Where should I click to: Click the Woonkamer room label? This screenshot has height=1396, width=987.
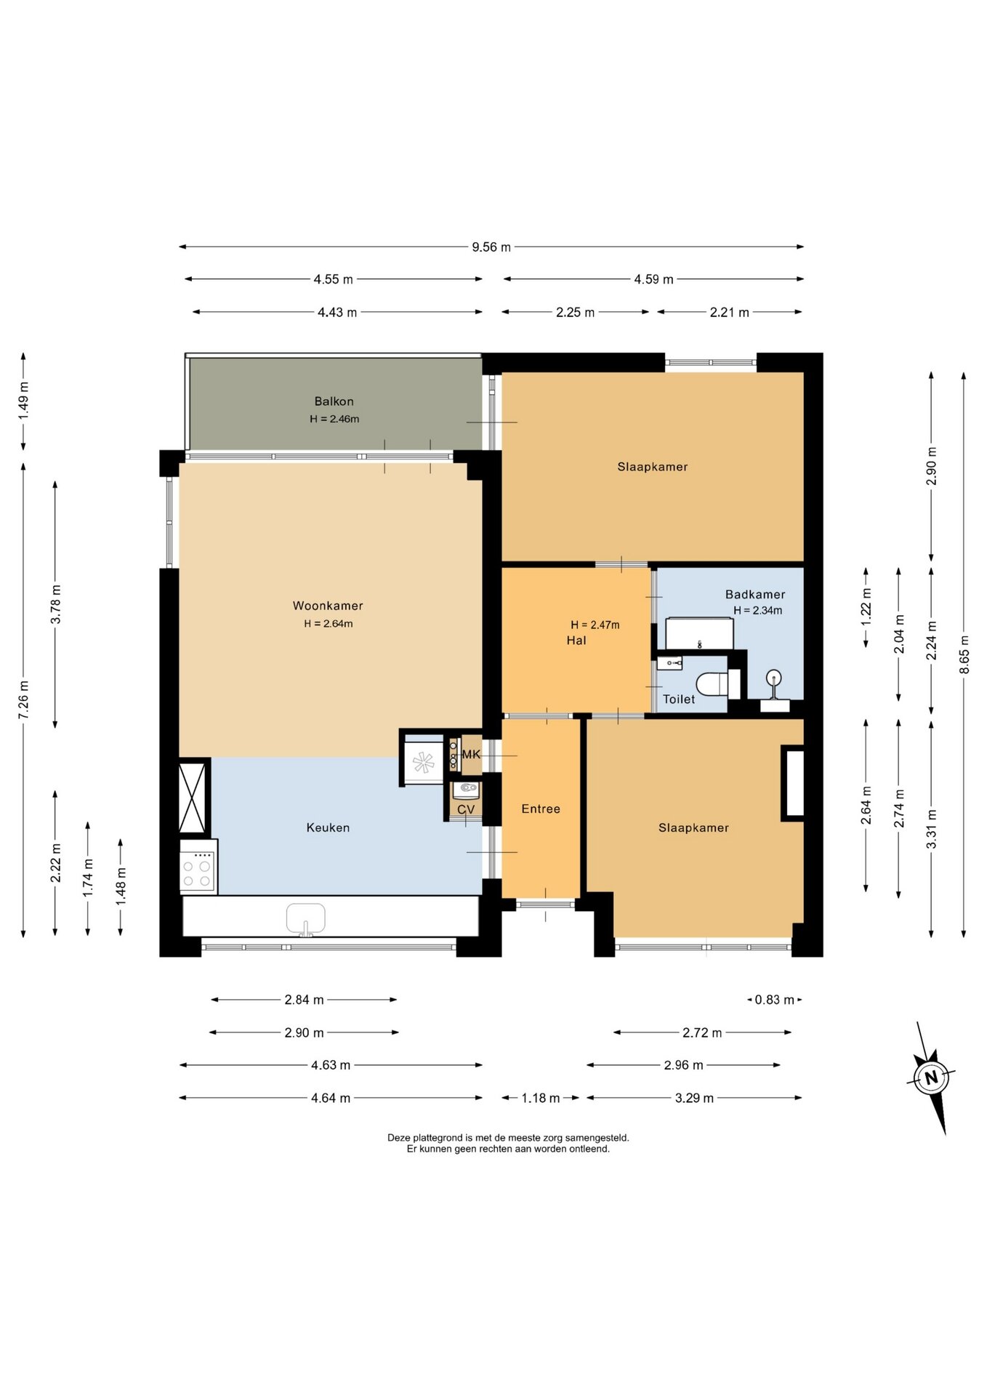[x=328, y=606]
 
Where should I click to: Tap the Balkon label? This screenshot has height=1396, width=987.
[x=334, y=401]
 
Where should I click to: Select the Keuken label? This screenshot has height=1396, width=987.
[x=328, y=827]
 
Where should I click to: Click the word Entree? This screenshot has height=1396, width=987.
[x=541, y=809]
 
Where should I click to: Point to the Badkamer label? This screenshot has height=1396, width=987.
[x=755, y=594]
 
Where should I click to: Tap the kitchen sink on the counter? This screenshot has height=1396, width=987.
[x=306, y=918]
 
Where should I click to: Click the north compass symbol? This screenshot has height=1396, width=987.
[x=932, y=1078]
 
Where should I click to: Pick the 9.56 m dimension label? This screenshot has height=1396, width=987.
[x=491, y=247]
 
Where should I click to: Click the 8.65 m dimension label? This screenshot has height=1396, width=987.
[x=964, y=655]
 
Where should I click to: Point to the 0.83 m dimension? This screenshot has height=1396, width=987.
[x=775, y=1000]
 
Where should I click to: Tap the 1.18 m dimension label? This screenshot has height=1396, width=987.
[x=540, y=1098]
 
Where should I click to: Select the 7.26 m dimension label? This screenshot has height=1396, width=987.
[x=24, y=700]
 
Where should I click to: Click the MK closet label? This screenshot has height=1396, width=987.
[x=471, y=755]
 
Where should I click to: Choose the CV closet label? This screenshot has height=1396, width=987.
[x=466, y=809]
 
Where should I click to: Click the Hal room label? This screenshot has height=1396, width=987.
[x=576, y=641]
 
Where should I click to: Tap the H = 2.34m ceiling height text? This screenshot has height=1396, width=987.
[x=758, y=611]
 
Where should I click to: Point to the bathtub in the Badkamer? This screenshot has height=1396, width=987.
[x=699, y=633]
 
